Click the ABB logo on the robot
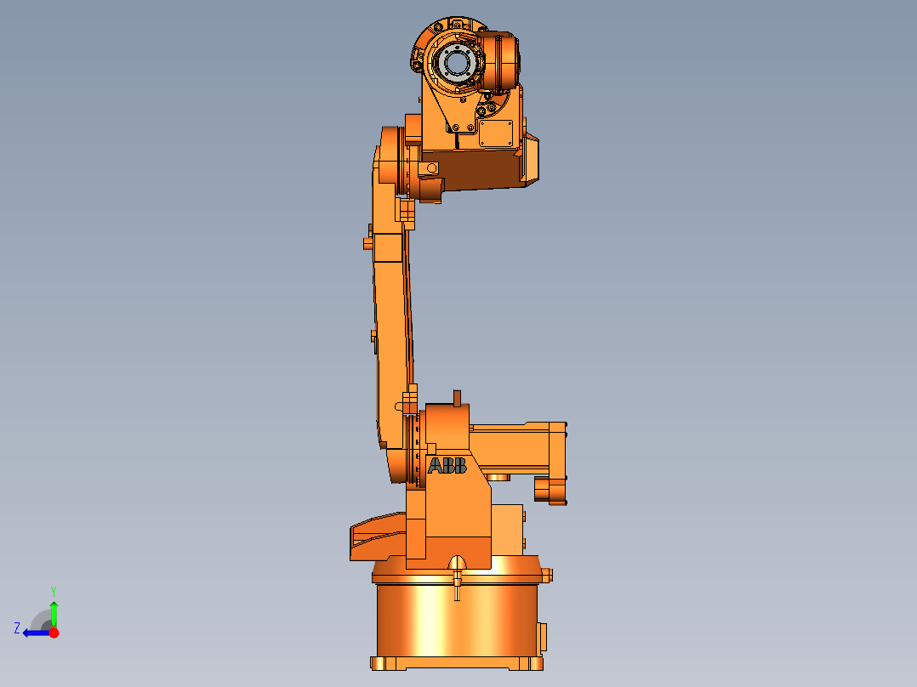[447, 466]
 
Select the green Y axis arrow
[54, 612]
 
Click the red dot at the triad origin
[54, 633]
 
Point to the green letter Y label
[54, 590]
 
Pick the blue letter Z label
[17, 628]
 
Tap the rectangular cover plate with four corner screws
[496, 133]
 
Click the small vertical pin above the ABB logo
[457, 397]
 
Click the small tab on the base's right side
[543, 636]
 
